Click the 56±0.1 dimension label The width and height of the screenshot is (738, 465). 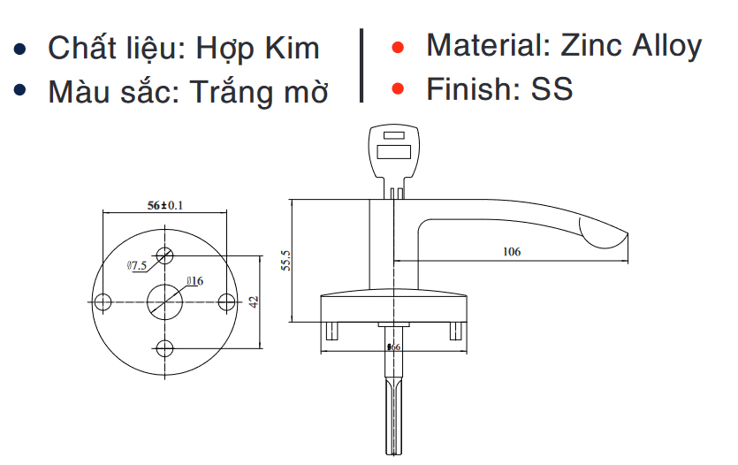point(164,205)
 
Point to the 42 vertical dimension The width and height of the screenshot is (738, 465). point(253,301)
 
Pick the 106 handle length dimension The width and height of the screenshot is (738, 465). point(511,252)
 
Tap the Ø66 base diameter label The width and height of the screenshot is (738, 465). point(394,347)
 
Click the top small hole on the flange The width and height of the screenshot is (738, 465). point(164,256)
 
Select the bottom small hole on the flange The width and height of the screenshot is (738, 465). point(164,347)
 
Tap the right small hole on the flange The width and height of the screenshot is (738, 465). point(225,301)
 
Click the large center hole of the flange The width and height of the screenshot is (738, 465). point(164,301)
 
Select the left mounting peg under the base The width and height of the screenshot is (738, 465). point(333,331)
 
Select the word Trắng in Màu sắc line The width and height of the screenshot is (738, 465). point(232,91)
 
